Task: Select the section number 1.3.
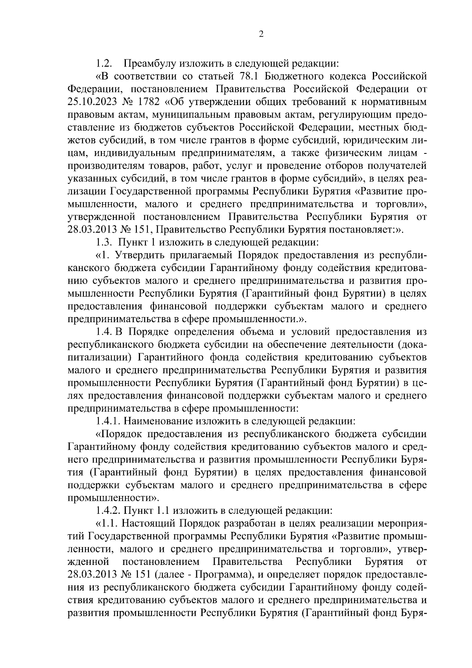(x=105, y=242)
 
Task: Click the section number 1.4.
(x=105, y=332)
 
